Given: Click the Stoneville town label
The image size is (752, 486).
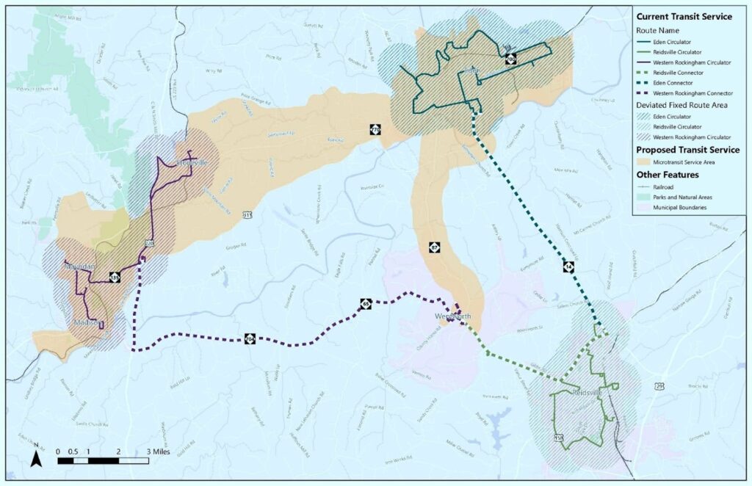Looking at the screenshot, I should [x=182, y=162].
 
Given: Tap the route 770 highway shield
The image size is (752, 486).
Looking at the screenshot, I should [x=375, y=130].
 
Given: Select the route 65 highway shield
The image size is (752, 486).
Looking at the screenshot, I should [x=366, y=303].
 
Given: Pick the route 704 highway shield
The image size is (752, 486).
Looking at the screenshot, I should [x=250, y=338].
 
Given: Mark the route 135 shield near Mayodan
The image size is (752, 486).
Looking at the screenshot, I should [x=115, y=278].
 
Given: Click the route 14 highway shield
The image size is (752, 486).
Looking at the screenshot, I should [x=568, y=266].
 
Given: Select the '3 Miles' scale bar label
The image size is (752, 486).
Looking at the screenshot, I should [x=159, y=451].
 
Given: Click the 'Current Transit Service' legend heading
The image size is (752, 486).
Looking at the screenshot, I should [x=684, y=16].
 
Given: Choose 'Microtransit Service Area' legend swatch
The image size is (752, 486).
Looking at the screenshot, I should [x=646, y=161].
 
